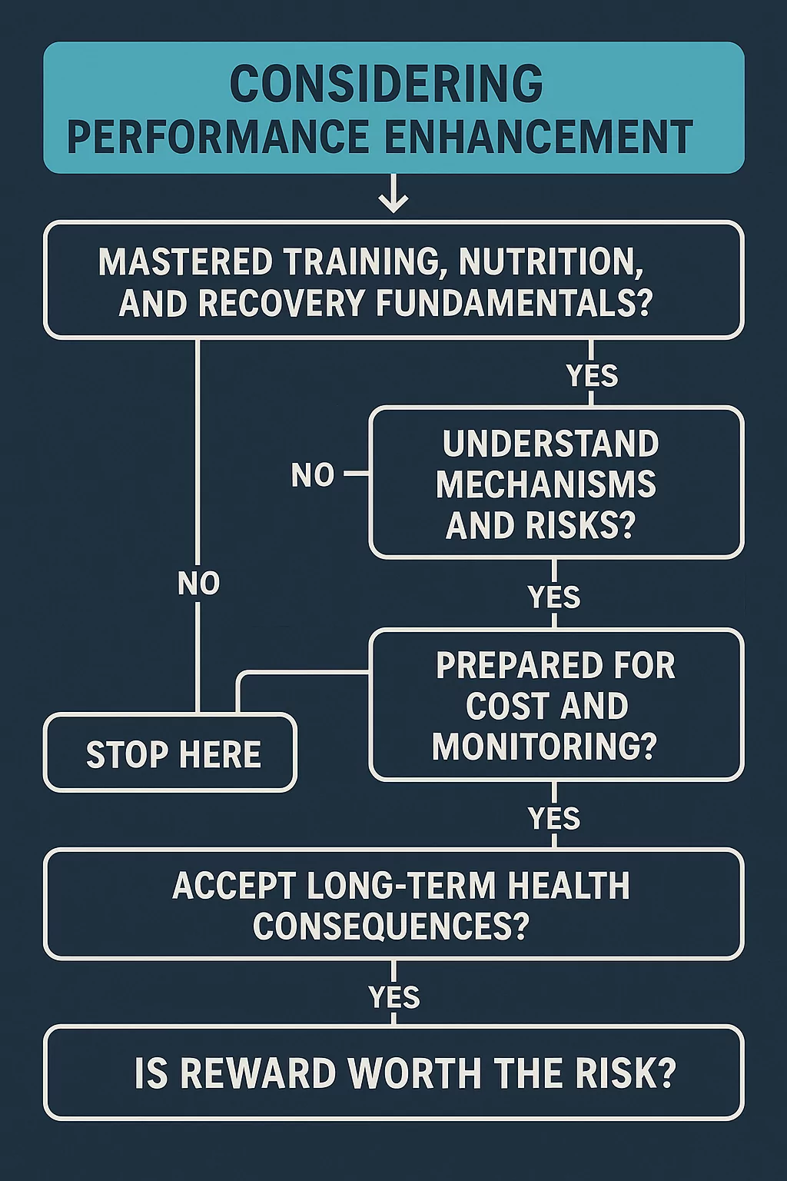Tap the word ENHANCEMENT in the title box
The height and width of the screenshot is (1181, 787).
(539, 137)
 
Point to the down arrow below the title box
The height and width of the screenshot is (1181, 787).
(393, 194)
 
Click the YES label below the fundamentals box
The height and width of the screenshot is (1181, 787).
(593, 375)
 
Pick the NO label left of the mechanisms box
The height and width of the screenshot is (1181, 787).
(313, 474)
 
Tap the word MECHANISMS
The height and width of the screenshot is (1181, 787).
(546, 484)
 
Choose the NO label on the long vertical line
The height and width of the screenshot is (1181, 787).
(199, 584)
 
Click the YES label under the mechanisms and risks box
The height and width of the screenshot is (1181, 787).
(554, 597)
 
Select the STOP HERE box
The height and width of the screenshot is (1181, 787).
(171, 753)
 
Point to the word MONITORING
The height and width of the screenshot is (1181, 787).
(545, 746)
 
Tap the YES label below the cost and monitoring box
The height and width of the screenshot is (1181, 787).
(554, 818)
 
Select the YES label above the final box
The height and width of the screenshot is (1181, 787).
(394, 997)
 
